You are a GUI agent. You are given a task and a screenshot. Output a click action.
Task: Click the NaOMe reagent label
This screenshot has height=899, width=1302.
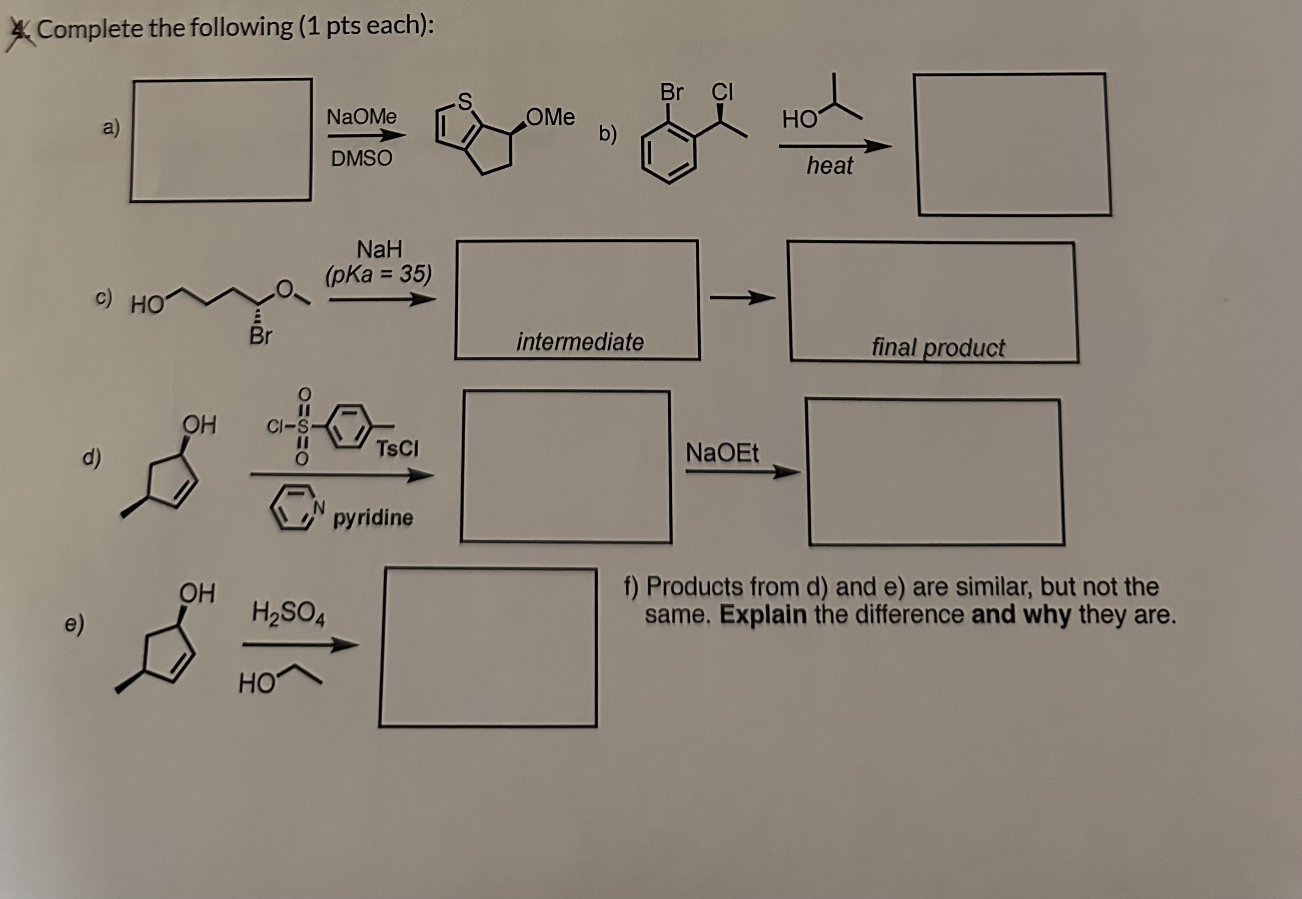pos(362,117)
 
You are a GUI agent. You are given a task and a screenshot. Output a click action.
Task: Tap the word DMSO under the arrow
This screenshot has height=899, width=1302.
pos(362,158)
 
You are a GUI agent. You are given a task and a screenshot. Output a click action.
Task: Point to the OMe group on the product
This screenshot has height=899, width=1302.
pos(551,117)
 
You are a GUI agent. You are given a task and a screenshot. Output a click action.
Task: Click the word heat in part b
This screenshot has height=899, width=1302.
pos(829,166)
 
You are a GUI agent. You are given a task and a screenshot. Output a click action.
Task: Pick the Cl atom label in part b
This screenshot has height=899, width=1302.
pos(722,91)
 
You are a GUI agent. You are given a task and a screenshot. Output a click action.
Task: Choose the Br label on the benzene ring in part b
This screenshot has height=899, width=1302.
pos(671,92)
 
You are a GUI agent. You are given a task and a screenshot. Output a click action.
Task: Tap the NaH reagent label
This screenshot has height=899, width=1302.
pos(380,248)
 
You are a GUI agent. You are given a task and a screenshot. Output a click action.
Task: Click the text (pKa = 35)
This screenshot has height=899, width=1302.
pos(379,274)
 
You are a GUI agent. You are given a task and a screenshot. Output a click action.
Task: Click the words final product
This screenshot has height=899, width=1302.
pos(938,347)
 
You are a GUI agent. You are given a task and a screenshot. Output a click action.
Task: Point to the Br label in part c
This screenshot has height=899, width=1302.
pos(260,336)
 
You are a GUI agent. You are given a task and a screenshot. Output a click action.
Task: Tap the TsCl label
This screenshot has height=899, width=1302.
pos(397,449)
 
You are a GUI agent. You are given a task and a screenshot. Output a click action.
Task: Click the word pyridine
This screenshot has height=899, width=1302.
pos(373,517)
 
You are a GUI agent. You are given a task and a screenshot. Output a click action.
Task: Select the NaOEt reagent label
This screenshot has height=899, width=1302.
pos(722,453)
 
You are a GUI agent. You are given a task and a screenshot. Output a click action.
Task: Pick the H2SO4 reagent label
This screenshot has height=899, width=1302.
pos(288,612)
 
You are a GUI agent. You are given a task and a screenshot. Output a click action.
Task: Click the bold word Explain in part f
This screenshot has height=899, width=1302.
pos(763,615)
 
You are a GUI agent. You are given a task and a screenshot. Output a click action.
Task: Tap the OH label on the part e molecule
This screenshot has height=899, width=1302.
pos(197,593)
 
